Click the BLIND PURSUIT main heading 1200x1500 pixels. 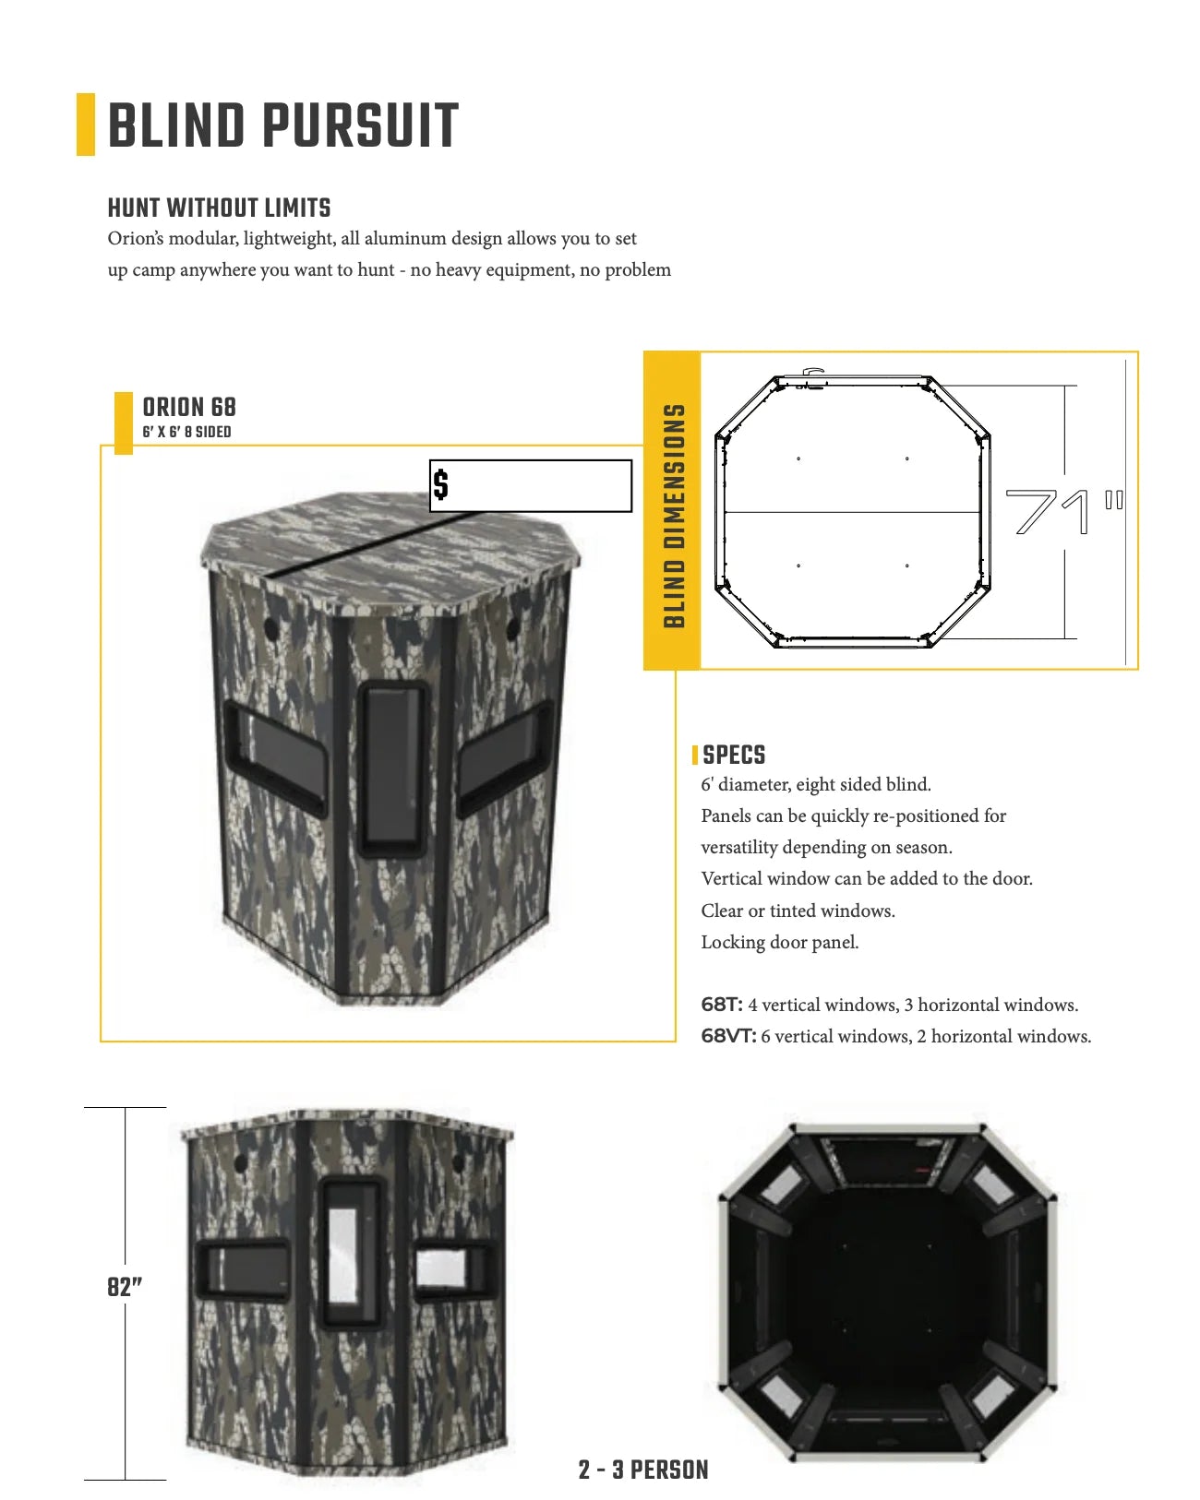coord(282,125)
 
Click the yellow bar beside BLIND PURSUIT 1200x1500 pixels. coord(85,125)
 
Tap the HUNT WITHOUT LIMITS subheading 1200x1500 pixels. coord(219,208)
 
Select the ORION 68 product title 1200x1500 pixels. coord(188,407)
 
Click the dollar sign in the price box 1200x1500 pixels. coord(441,484)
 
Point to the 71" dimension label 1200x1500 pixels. coord(1062,511)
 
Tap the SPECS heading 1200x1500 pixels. coord(734,755)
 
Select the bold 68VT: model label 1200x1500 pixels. coord(728,1036)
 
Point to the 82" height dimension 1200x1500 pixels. coord(125,1287)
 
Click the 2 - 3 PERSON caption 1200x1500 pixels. coord(643,1470)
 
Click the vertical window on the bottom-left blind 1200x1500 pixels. coord(348,1252)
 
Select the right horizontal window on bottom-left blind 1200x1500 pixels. coord(451,1268)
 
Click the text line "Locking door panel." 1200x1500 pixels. coord(779,942)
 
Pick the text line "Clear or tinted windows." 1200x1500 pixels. coord(798,911)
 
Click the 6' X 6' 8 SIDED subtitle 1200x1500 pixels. coord(186,432)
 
